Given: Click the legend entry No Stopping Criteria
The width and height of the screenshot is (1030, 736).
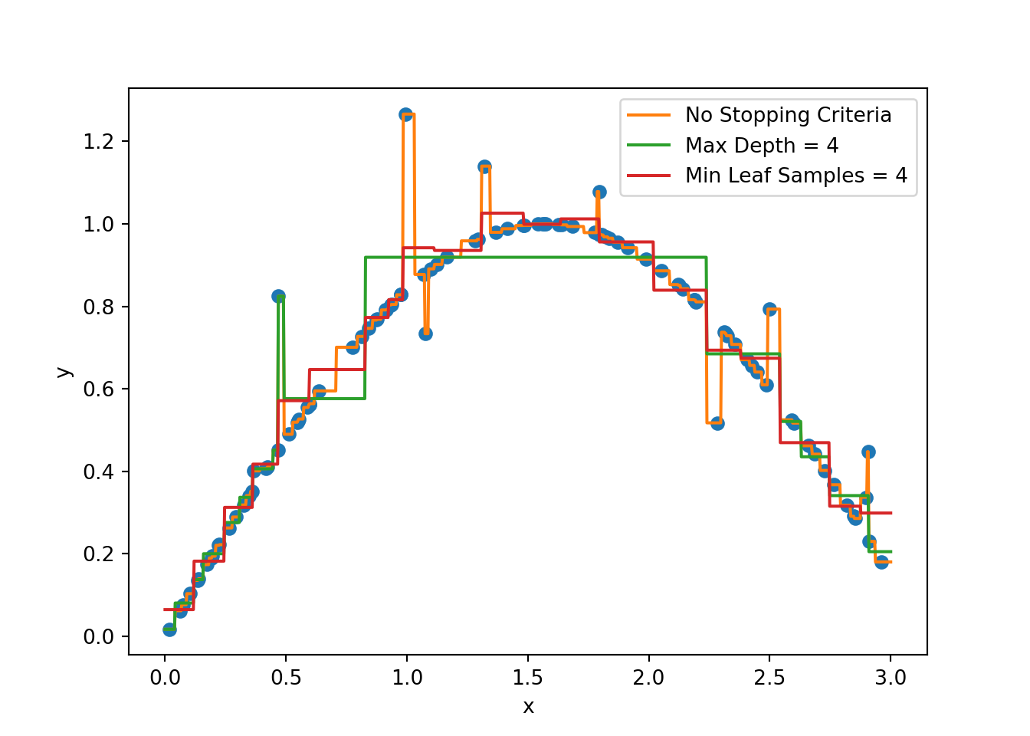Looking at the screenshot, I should point(788,115).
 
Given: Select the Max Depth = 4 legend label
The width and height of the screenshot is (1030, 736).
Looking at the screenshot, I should point(762,146).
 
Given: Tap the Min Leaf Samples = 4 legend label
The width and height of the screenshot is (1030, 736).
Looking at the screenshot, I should point(795,176).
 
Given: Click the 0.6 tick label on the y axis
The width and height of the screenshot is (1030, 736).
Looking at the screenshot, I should point(98,389).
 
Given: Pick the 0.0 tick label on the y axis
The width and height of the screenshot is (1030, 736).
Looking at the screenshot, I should point(98,637).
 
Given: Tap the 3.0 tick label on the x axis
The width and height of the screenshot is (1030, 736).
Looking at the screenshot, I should point(891,678).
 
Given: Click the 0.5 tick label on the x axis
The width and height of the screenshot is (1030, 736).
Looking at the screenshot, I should point(286,678).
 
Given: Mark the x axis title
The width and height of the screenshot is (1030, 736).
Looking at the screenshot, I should point(528,707).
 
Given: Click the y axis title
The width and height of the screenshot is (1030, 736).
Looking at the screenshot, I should point(64,372).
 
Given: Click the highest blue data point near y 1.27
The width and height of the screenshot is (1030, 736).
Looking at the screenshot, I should point(405,114).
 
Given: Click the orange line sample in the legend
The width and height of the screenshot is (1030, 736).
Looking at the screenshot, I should point(648,115).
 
